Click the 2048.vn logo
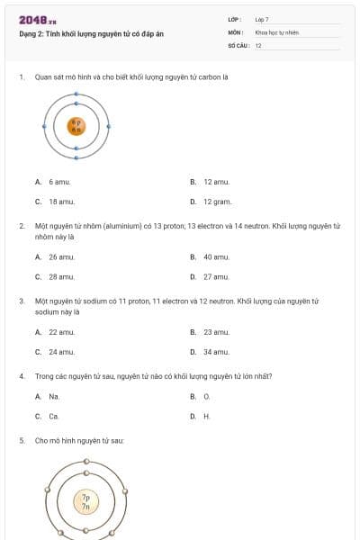tap(38, 19)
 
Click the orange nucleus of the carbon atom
tap(76, 126)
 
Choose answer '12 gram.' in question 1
tap(217, 202)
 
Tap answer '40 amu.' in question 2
tap(216, 256)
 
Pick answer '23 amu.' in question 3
tap(216, 332)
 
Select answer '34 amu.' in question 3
tap(216, 352)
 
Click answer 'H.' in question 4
tap(206, 416)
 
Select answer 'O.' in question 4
tap(206, 396)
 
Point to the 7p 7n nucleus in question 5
tap(85, 502)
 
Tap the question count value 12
tap(258, 44)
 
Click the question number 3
tap(22, 301)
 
